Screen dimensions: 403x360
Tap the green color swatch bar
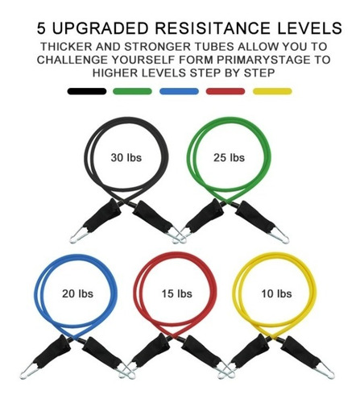[134, 91]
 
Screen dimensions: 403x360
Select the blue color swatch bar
[180, 91]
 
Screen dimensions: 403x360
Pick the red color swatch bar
[226, 91]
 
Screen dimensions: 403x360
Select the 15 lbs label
[177, 293]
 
